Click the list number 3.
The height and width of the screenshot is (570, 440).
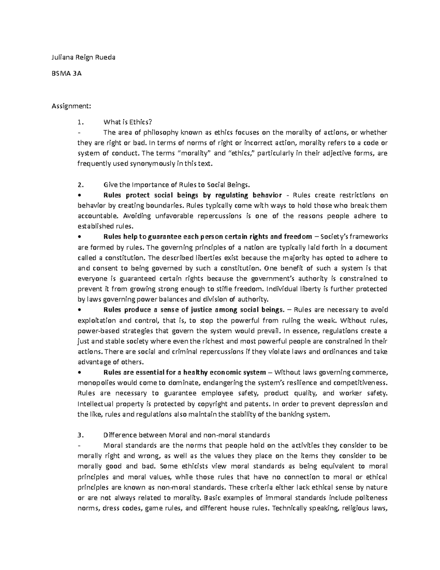pos(80,435)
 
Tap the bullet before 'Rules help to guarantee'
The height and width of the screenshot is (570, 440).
pos(80,237)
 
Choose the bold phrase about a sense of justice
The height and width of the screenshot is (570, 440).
pos(194,310)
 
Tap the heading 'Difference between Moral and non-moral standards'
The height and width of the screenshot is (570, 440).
pos(187,435)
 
